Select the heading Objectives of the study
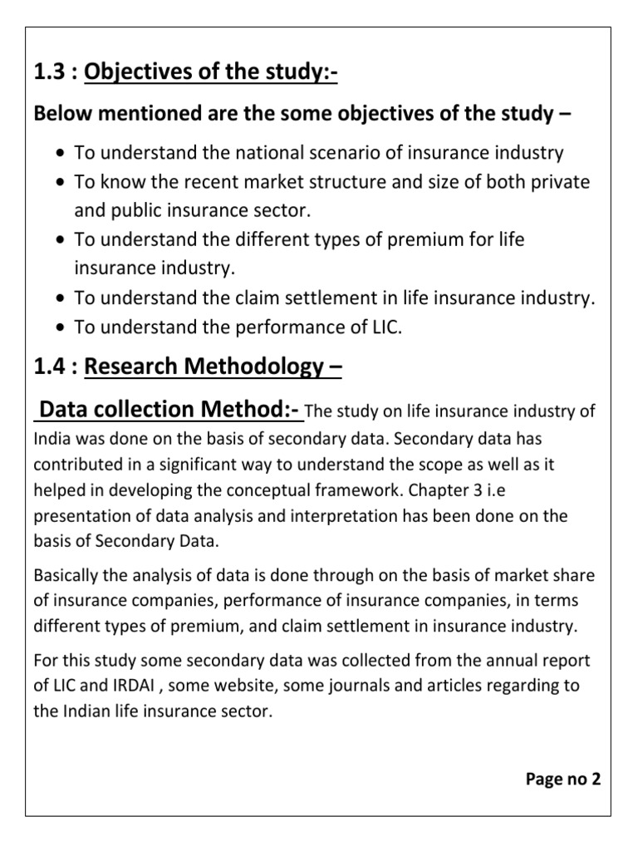click(x=211, y=75)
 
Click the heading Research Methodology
click(x=213, y=366)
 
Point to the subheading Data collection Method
click(x=170, y=410)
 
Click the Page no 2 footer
click(x=563, y=779)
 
